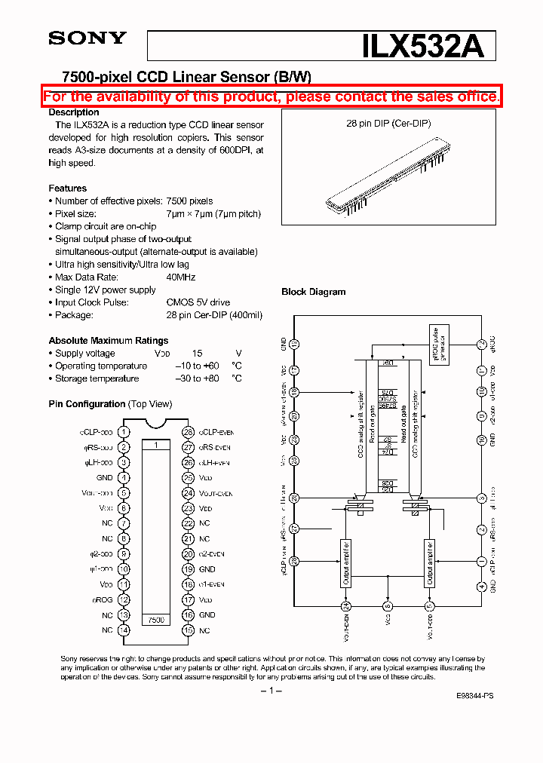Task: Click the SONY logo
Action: [x=87, y=38]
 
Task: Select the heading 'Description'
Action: [x=74, y=112]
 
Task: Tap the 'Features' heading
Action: [x=68, y=188]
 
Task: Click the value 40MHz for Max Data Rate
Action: [x=181, y=277]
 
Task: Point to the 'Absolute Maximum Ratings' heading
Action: [x=109, y=341]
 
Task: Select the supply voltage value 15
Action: [x=197, y=354]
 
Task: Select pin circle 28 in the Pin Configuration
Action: [x=188, y=432]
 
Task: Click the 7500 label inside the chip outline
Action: [x=155, y=619]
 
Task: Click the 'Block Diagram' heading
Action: [x=314, y=292]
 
